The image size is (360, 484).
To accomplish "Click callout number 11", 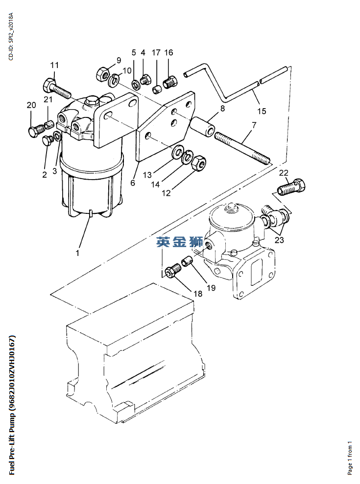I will pos(54,65).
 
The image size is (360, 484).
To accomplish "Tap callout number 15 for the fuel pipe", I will pos(262,111).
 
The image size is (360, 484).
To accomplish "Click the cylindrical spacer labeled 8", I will pos(203,127).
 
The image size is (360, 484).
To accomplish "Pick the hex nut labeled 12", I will pos(199,162).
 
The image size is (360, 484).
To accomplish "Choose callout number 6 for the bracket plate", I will pos(132,183).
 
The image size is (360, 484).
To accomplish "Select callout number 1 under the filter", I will pos(77,253).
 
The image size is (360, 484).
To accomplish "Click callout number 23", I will pos(279,240).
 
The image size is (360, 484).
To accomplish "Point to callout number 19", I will pos(211,288).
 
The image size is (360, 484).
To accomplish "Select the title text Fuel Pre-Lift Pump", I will pos(12,405).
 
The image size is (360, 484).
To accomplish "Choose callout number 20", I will pos(31,105).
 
